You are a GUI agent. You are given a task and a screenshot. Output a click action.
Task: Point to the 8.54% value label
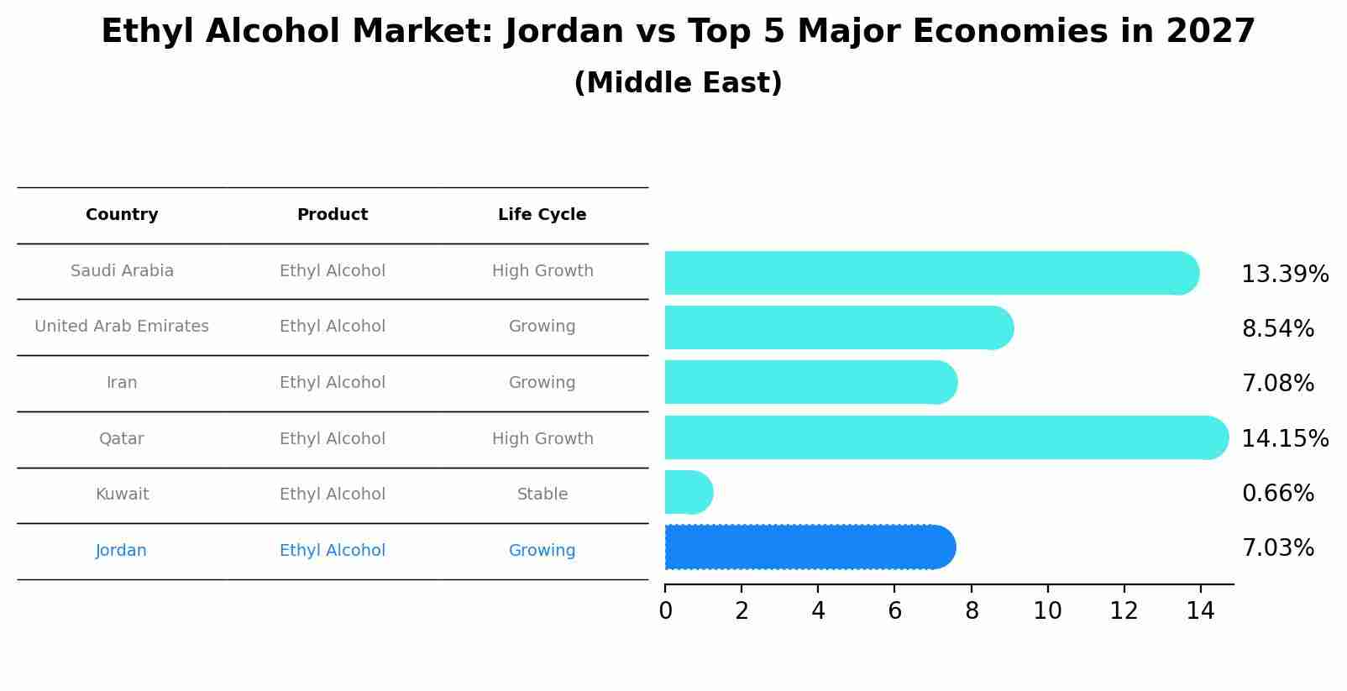click(x=1277, y=328)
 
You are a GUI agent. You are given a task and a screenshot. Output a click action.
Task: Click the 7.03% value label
click(x=1277, y=548)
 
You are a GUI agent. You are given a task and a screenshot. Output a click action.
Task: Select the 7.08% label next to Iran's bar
click(x=1277, y=384)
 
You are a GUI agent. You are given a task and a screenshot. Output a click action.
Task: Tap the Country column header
click(x=122, y=215)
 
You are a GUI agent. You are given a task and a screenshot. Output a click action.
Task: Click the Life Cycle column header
click(x=542, y=215)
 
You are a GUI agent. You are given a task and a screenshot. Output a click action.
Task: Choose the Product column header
click(x=333, y=215)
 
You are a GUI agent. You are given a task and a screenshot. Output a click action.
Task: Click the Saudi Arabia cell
click(x=122, y=271)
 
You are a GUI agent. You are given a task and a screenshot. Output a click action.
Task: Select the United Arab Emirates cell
click(x=122, y=327)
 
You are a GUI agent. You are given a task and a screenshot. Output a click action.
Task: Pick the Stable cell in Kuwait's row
click(x=542, y=495)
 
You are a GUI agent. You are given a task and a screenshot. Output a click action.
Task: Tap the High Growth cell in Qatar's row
click(x=542, y=439)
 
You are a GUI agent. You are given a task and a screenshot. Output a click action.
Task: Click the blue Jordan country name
click(x=121, y=551)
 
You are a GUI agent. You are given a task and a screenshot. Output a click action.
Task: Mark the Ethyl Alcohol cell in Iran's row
click(x=333, y=383)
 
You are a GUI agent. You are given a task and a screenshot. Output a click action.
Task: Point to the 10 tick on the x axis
click(x=1047, y=611)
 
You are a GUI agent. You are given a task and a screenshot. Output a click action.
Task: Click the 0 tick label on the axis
click(x=665, y=611)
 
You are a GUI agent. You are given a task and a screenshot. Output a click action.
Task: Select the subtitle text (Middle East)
click(x=678, y=83)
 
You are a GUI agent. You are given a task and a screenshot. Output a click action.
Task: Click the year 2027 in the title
click(x=1210, y=32)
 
